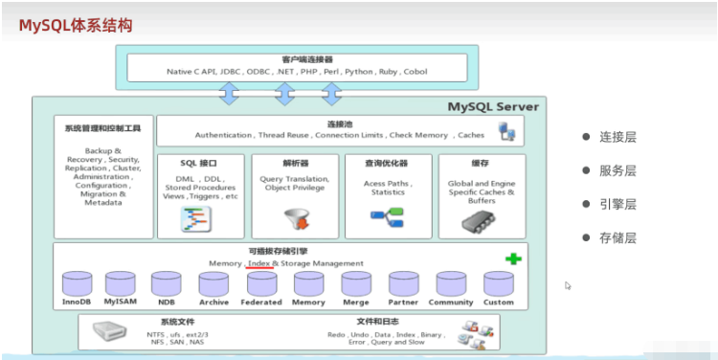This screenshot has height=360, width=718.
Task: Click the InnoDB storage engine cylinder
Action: point(77,282)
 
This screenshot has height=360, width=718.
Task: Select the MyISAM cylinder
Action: point(121,282)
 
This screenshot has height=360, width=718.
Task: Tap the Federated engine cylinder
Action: point(261,282)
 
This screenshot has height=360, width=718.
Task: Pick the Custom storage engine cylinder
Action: point(498,282)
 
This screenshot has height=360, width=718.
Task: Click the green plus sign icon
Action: point(513,259)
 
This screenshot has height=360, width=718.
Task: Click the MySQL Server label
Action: point(494,106)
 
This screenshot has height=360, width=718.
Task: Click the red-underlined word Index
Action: point(258,262)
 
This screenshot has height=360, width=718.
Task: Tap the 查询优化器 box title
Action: point(388,163)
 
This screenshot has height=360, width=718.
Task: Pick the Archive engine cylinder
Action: point(214,282)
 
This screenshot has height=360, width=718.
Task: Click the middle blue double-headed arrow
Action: point(284,94)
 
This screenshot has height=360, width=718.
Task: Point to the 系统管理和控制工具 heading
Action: point(103,128)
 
